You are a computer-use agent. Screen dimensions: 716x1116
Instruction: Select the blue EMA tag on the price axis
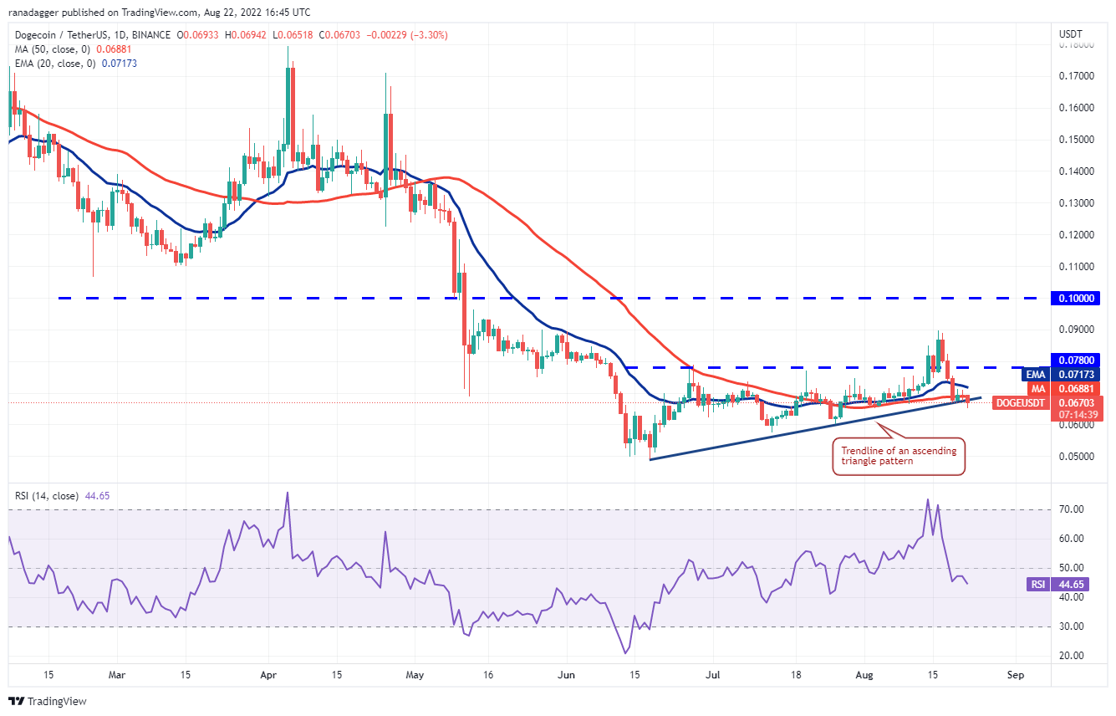(1037, 375)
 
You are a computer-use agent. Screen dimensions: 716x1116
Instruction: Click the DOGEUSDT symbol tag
(1019, 403)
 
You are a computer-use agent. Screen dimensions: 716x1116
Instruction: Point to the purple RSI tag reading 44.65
(1037, 585)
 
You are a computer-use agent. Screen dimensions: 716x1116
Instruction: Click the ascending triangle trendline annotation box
(899, 457)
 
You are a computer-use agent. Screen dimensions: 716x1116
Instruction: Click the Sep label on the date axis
(1016, 673)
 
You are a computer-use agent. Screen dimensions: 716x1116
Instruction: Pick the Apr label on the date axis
(268, 673)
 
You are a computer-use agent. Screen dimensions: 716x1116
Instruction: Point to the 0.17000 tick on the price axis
(1076, 76)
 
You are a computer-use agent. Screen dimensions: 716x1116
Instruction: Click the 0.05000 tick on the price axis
(1076, 457)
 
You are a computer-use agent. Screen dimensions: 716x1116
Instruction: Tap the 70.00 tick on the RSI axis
(1073, 509)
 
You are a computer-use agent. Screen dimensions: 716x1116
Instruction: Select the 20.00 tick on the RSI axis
(1073, 656)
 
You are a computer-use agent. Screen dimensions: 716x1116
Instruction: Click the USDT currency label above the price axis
(1071, 33)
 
